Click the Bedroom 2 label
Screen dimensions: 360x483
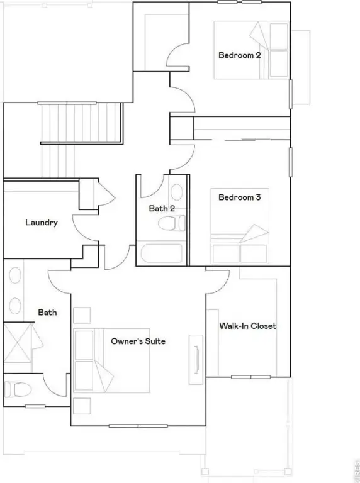tap(240, 55)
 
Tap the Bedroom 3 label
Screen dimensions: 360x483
tap(240, 197)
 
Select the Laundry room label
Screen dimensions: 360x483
tap(42, 223)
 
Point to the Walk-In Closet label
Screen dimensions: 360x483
tap(248, 326)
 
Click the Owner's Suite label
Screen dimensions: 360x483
tap(138, 341)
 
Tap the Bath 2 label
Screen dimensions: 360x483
tap(162, 209)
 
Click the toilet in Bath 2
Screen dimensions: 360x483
tap(172, 223)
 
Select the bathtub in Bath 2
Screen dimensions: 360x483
tap(162, 253)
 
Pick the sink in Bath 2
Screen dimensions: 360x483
tap(177, 192)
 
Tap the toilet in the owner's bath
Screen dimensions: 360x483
tap(18, 390)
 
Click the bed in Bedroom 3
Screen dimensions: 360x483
tap(240, 226)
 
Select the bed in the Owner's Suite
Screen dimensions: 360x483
tap(111, 360)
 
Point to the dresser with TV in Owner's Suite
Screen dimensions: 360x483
tap(196, 360)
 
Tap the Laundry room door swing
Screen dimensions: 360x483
tap(85, 228)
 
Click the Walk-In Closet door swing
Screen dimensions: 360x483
tap(218, 282)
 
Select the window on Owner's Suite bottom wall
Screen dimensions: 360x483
tap(138, 426)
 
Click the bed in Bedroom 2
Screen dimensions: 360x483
tap(252, 50)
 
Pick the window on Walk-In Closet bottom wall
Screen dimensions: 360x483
tap(251, 377)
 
